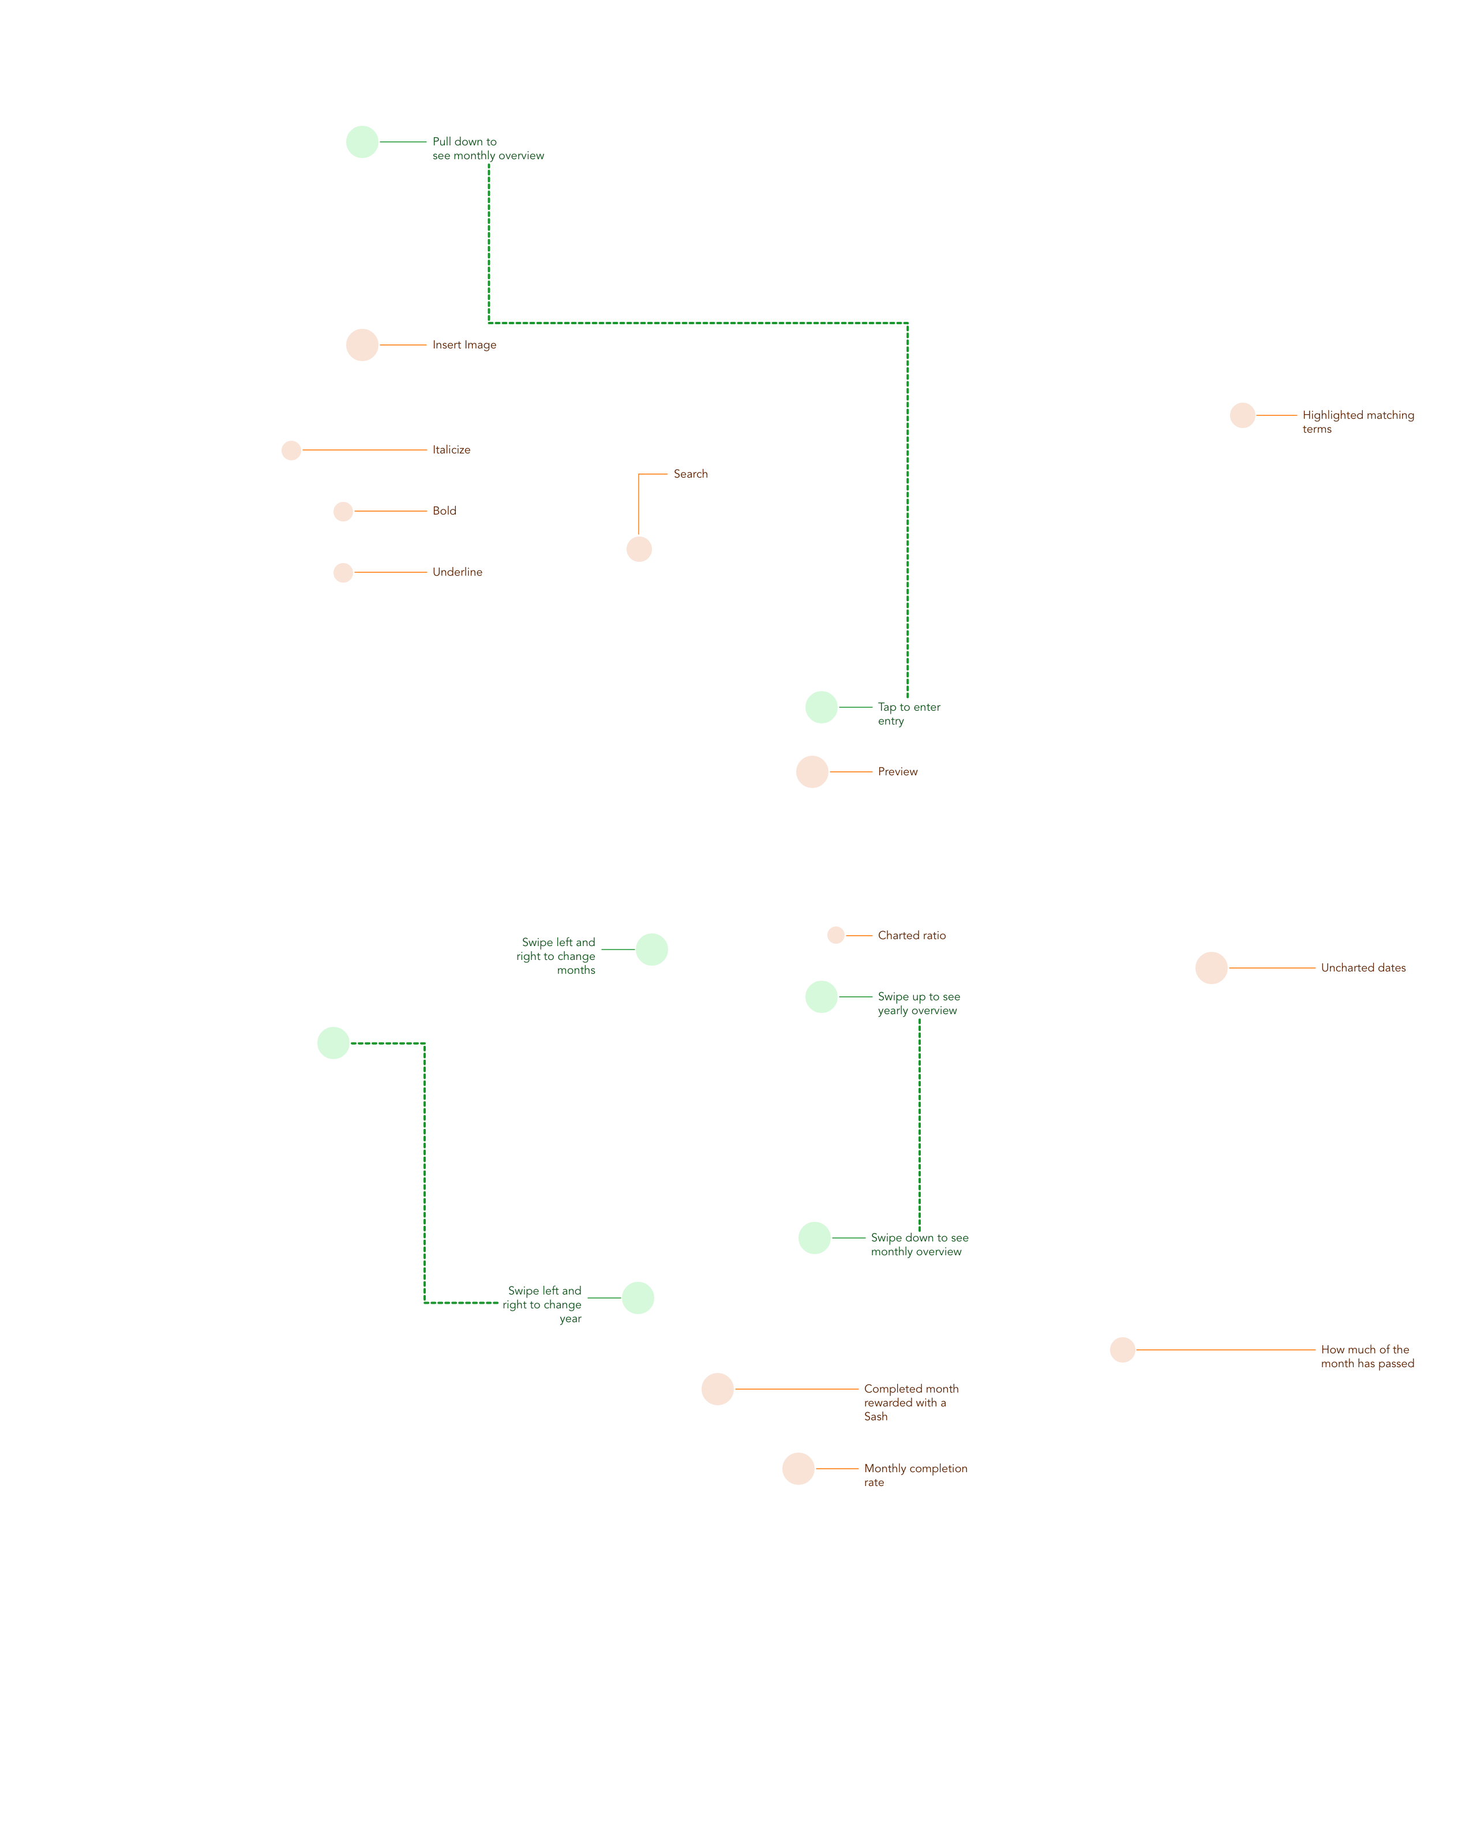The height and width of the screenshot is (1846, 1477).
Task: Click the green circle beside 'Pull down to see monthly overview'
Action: coord(362,142)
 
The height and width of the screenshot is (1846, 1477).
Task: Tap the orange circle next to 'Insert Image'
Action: coord(362,345)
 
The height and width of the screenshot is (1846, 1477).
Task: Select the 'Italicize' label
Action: coord(451,449)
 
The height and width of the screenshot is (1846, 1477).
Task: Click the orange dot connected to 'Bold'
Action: coord(343,511)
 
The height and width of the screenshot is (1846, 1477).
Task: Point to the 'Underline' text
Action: coord(457,572)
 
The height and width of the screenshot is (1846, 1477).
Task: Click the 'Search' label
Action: coord(690,474)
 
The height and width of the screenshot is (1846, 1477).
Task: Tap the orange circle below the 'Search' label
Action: coord(639,549)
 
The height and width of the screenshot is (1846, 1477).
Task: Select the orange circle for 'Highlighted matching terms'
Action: coord(1242,415)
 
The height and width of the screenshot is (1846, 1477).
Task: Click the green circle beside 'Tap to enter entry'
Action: coord(821,707)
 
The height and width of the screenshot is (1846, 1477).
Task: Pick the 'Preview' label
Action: coord(897,771)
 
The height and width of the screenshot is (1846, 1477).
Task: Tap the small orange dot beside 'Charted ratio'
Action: coord(835,935)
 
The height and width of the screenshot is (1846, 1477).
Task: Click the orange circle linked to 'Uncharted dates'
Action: coord(1210,967)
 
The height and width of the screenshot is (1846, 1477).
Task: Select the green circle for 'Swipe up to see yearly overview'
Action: coord(821,997)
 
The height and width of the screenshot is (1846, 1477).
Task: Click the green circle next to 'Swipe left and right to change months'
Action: coord(651,950)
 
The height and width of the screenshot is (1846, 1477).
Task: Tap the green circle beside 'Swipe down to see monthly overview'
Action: coord(814,1238)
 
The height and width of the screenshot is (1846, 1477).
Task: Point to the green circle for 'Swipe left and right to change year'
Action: coord(638,1298)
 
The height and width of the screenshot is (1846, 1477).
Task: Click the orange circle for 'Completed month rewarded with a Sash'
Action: coord(718,1389)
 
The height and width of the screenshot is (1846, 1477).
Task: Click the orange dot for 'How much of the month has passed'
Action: coord(1123,1349)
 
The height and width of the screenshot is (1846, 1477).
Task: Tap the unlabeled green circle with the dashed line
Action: coord(333,1043)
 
